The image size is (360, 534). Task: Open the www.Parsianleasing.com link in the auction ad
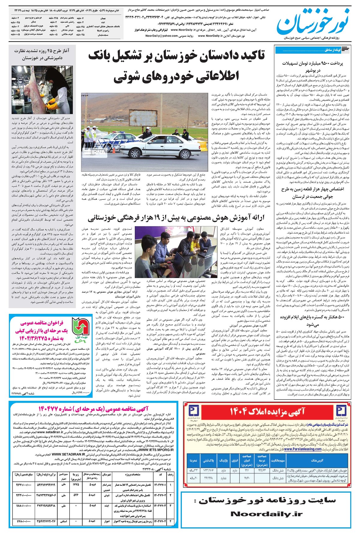pos(303,449)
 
